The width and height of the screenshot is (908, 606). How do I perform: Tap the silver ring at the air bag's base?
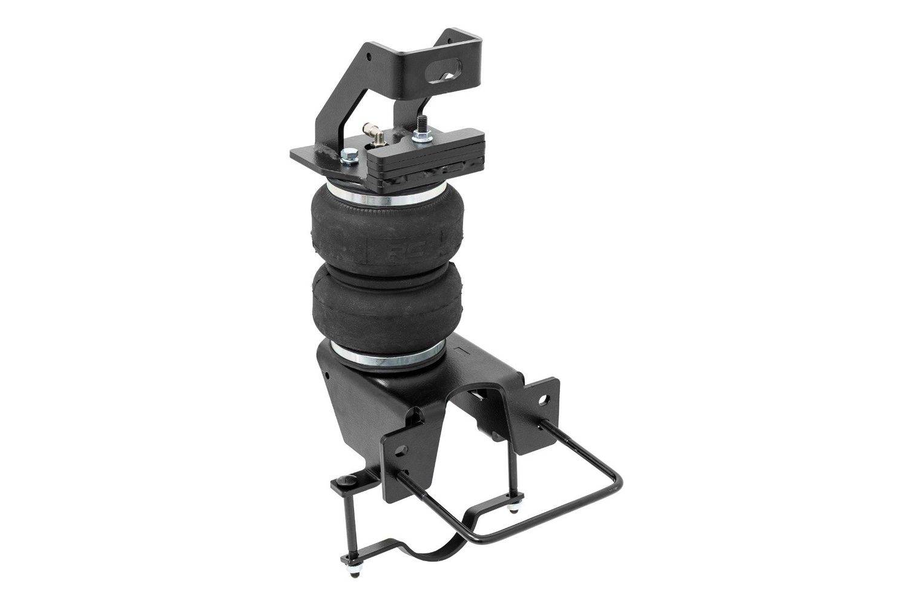(387, 355)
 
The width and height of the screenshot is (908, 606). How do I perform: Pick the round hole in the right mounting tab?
(546, 401)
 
